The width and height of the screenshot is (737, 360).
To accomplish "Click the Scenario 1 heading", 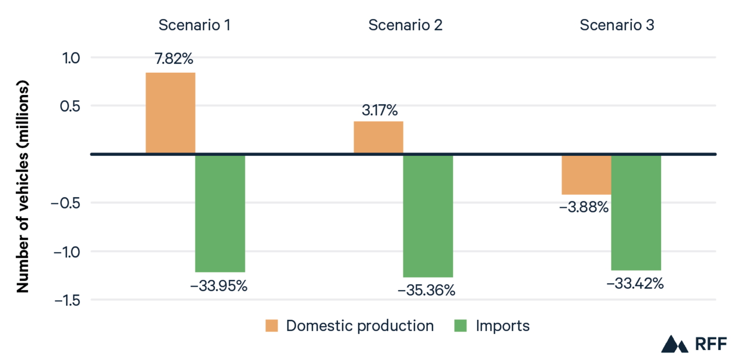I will point(194,25).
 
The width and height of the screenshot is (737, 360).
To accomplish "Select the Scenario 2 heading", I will point(405,25).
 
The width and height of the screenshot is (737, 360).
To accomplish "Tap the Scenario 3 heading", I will point(616,25).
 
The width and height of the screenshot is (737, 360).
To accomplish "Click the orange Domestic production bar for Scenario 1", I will point(170,113).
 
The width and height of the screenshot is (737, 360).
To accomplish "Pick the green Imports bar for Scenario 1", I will point(220,213).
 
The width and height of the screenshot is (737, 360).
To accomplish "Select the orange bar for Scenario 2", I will point(378,137).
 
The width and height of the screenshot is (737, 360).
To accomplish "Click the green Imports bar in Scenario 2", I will point(428,216).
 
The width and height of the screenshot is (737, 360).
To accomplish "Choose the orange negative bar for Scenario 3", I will point(586,175).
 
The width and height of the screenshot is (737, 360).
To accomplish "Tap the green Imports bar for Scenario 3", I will point(636,212).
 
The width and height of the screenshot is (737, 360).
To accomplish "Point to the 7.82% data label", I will point(174,59).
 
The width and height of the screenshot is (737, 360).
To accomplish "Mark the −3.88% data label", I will point(584,207).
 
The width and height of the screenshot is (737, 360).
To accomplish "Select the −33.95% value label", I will point(219,287).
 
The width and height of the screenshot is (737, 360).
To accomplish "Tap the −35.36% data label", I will point(426,290).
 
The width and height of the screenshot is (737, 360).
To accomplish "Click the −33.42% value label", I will point(634,284).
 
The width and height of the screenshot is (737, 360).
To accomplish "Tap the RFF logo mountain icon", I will point(674,344).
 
